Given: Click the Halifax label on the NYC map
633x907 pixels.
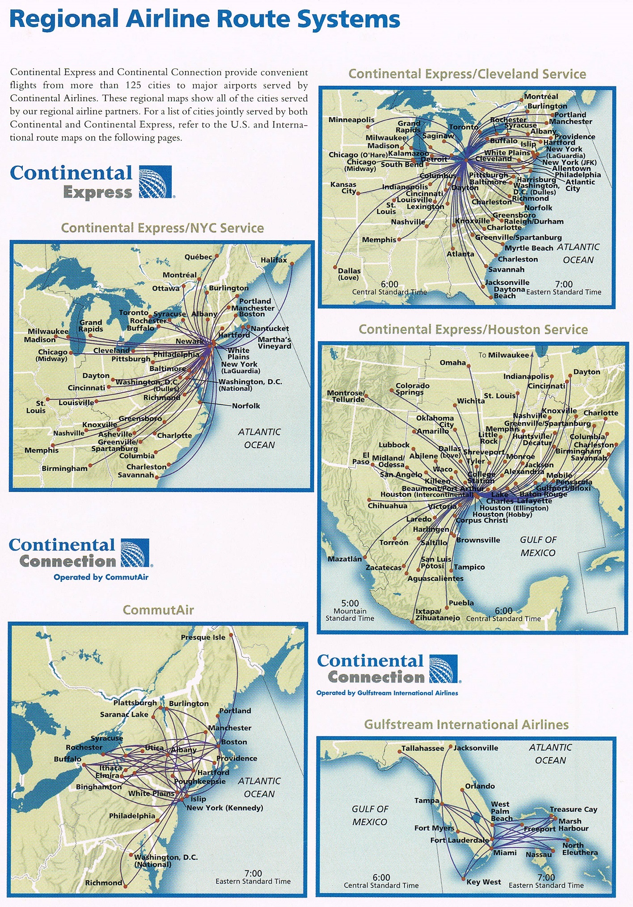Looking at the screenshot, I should (274, 260).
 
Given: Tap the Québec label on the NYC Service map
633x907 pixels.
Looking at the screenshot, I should (198, 257).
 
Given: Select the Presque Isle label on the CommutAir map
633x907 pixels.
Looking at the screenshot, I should (203, 637).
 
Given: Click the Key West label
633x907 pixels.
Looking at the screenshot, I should (483, 882).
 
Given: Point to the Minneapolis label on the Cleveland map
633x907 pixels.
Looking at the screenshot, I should (351, 119).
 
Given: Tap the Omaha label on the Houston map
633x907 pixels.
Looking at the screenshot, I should (452, 362).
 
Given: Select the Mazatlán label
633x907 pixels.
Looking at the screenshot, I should (345, 559).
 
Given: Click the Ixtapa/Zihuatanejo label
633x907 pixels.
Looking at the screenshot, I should (437, 615).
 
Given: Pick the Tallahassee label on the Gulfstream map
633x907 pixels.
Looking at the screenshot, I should (422, 748).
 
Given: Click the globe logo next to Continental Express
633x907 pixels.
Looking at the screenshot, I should (155, 182).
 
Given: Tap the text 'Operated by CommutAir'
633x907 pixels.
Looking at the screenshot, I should (101, 577).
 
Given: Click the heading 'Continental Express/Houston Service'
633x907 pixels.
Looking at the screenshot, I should (473, 330).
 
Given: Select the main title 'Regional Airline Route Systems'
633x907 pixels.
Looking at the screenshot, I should (204, 19).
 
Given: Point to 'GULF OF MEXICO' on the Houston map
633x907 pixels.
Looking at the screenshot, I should (538, 546).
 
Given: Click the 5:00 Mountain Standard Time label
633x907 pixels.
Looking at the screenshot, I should (350, 610).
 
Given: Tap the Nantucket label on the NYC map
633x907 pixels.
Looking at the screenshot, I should (270, 328).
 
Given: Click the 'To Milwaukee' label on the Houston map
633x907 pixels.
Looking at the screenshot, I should (503, 355).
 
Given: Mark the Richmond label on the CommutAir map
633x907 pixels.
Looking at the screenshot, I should (103, 882).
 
